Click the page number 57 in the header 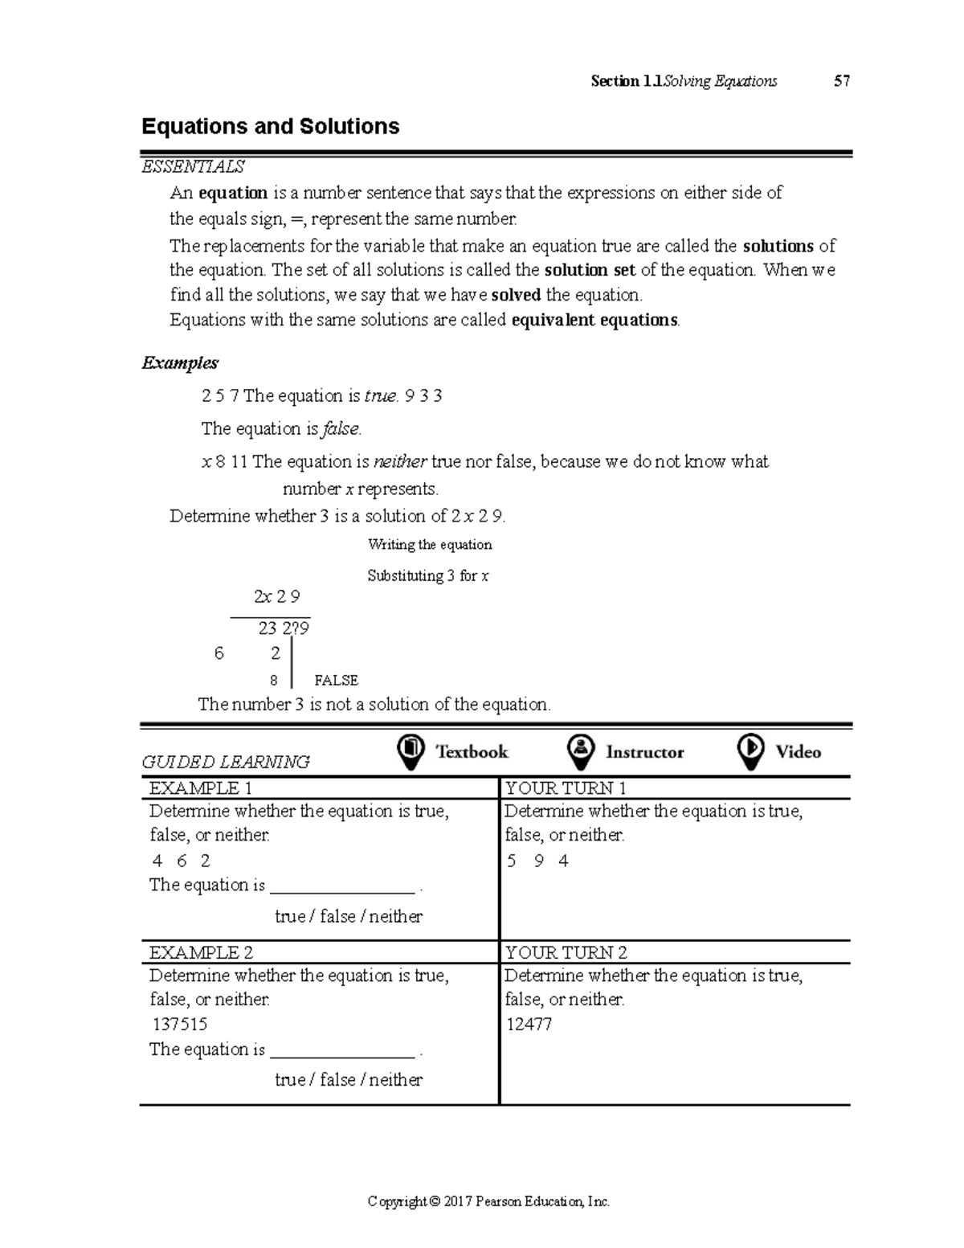pyautogui.click(x=841, y=81)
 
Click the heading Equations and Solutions pyautogui.click(x=270, y=127)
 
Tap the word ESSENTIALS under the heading pyautogui.click(x=193, y=167)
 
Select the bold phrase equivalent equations pyautogui.click(x=594, y=320)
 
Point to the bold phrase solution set pyautogui.click(x=590, y=270)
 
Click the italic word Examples pyautogui.click(x=180, y=362)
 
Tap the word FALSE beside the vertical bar pyautogui.click(x=336, y=681)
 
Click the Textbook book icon pyautogui.click(x=411, y=751)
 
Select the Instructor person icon pyautogui.click(x=580, y=751)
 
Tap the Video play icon pyautogui.click(x=750, y=751)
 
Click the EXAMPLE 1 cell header pyautogui.click(x=201, y=788)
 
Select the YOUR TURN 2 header pyautogui.click(x=566, y=953)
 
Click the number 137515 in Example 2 pyautogui.click(x=180, y=1025)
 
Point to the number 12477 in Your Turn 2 pyautogui.click(x=529, y=1025)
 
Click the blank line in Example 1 pyautogui.click(x=342, y=888)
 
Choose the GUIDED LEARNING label pyautogui.click(x=226, y=762)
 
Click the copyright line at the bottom pyautogui.click(x=488, y=1202)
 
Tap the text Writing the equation pyautogui.click(x=430, y=545)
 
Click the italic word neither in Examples pyautogui.click(x=400, y=462)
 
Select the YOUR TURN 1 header pyautogui.click(x=566, y=788)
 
